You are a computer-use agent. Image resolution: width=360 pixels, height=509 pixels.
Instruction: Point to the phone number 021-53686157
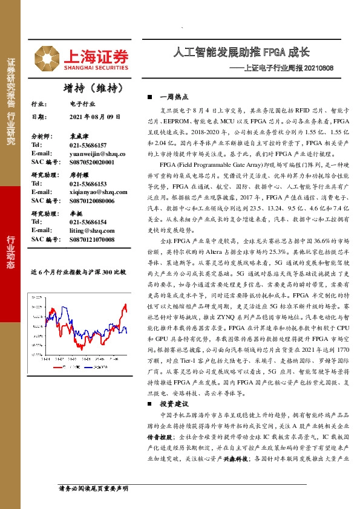88,146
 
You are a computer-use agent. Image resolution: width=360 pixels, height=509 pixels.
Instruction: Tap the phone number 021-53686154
88,222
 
